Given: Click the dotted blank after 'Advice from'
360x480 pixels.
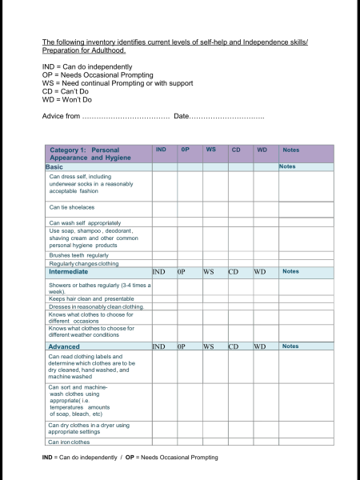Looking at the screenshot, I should click(x=126, y=117).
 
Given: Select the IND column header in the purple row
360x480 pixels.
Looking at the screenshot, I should click(x=161, y=150).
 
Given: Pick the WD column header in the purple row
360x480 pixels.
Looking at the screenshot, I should click(x=262, y=150).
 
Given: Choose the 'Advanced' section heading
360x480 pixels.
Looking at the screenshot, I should click(x=64, y=346).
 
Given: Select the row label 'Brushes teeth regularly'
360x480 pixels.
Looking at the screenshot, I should click(x=78, y=255).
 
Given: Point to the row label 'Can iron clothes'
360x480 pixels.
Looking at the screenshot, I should click(x=69, y=442).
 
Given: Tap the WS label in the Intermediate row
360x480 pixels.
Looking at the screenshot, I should click(x=210, y=272).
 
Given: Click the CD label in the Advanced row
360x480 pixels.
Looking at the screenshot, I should click(x=234, y=346).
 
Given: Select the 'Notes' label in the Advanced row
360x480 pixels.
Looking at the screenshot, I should click(x=290, y=346).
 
